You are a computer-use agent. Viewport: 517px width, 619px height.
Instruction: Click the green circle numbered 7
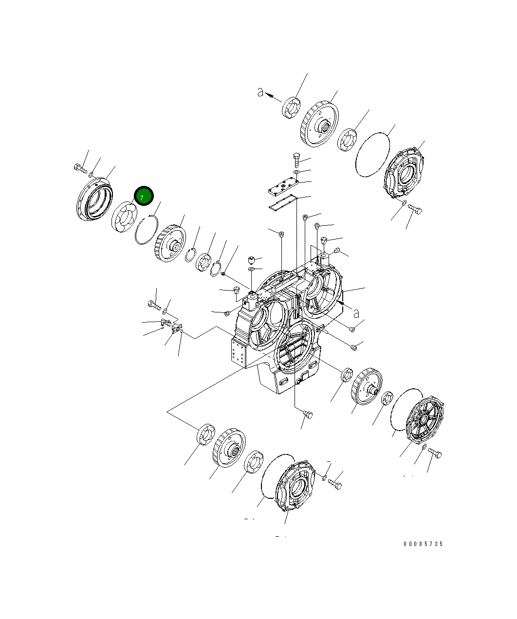point(144,197)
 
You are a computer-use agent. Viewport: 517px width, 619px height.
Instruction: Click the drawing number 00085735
point(423,544)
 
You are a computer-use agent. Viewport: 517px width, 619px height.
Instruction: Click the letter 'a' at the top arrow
point(261,92)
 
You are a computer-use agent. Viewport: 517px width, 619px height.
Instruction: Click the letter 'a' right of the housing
point(356,313)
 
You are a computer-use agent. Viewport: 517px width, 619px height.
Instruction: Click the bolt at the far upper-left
point(79,168)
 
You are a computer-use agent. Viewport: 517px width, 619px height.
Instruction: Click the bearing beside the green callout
point(122,217)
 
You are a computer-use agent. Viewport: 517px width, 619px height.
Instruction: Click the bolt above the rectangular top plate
point(296,159)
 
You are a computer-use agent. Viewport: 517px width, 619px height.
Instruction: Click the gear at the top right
point(319,125)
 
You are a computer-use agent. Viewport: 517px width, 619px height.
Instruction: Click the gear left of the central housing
point(170,243)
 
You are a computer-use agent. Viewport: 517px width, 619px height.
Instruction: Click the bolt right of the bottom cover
point(335,484)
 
